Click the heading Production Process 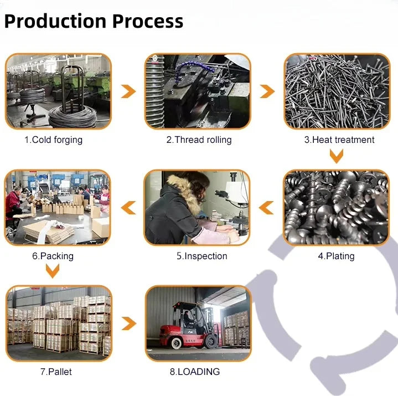click(x=94, y=22)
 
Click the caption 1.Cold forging click(x=53, y=140)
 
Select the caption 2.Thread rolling click(x=199, y=140)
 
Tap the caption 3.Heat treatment click(x=339, y=140)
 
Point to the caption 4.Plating click(x=336, y=256)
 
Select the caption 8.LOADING click(x=195, y=372)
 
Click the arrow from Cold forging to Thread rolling click(x=128, y=91)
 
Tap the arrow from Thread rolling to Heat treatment click(x=267, y=91)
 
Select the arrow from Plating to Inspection click(x=267, y=208)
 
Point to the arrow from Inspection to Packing click(x=128, y=208)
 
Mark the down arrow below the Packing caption click(x=53, y=271)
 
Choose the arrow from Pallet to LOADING click(x=128, y=323)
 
